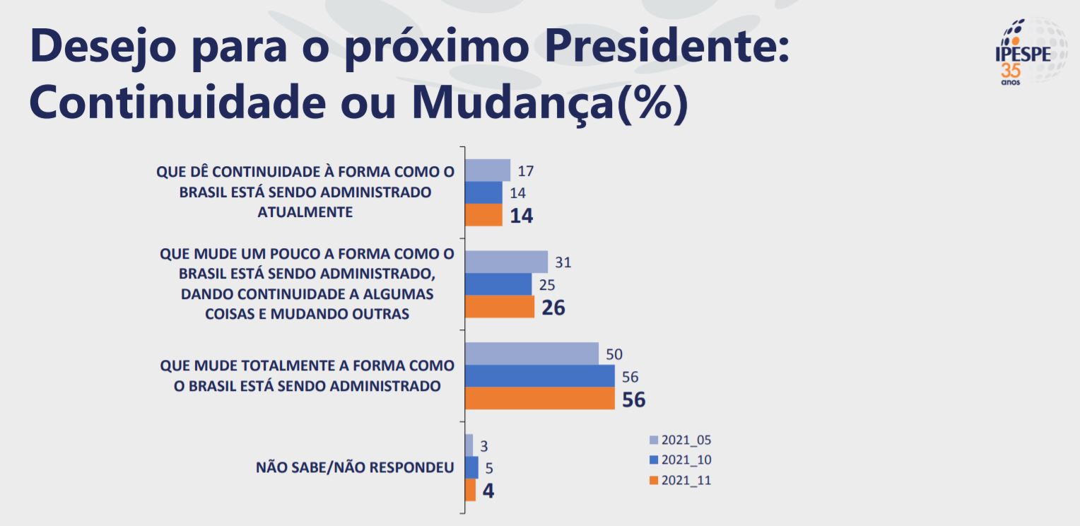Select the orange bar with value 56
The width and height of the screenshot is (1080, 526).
(x=540, y=399)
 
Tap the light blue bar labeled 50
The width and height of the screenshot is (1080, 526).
(x=532, y=353)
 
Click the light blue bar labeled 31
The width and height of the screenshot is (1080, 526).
(x=506, y=262)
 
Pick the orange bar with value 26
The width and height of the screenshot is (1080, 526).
(x=499, y=308)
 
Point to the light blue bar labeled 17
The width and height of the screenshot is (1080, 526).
(x=488, y=170)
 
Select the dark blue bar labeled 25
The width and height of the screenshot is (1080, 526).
(x=498, y=285)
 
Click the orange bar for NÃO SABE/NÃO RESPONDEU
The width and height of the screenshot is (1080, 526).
(x=470, y=490)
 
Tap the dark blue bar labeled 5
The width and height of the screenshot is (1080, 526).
(x=471, y=467)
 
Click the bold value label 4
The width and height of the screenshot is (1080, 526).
(x=488, y=491)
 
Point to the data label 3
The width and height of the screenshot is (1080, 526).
(x=484, y=445)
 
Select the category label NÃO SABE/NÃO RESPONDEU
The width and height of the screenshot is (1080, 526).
(x=354, y=467)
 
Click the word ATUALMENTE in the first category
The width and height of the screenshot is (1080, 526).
(x=305, y=211)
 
